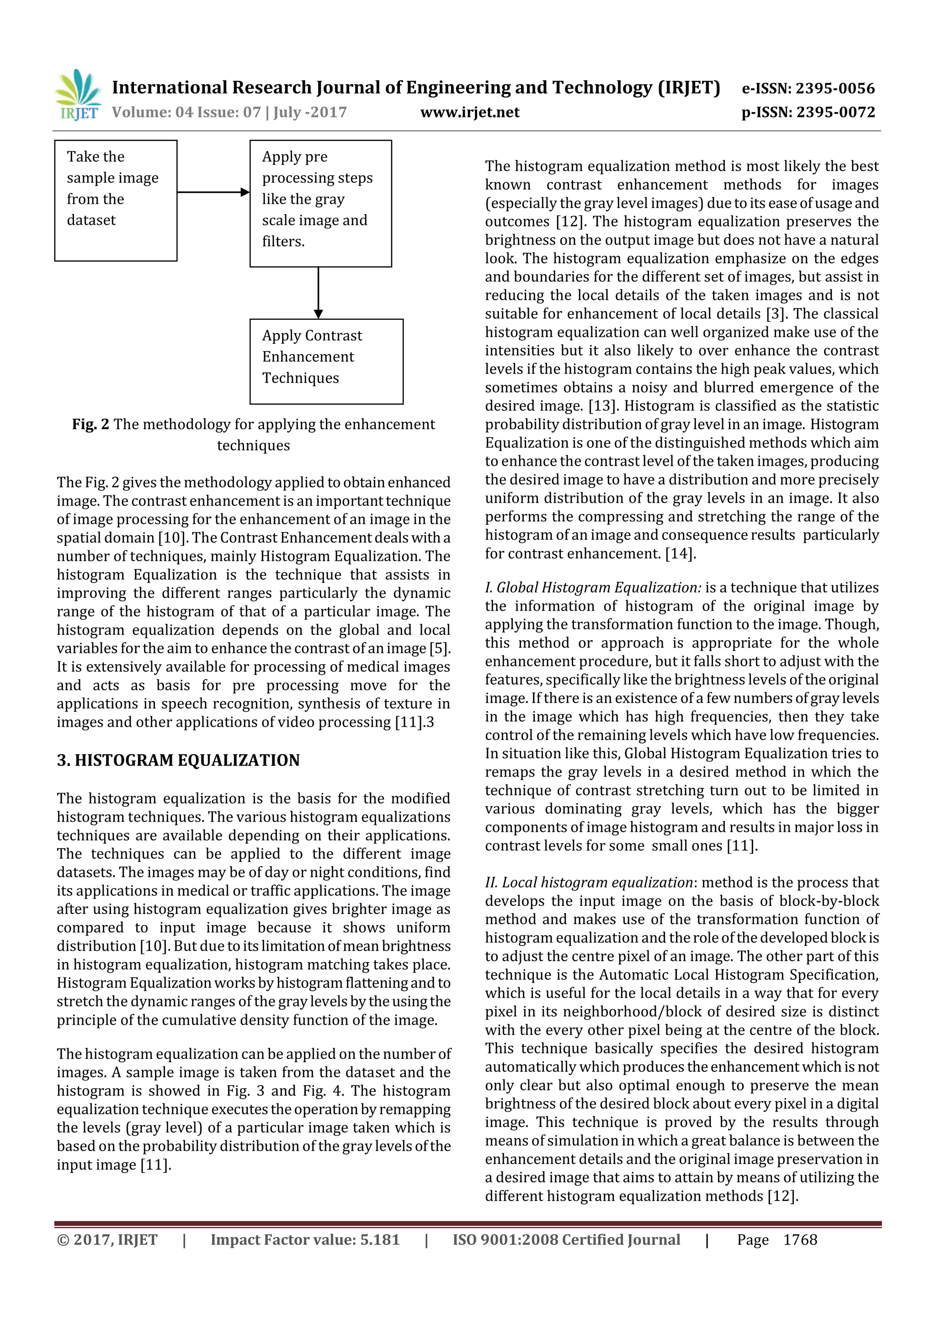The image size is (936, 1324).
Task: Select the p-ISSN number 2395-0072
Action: pos(835,112)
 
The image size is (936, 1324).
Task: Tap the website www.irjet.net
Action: pos(469,112)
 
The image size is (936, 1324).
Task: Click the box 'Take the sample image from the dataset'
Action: pos(115,200)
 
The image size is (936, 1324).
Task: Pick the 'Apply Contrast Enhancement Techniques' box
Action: pos(326,361)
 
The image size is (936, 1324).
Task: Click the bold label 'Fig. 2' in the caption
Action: pos(90,425)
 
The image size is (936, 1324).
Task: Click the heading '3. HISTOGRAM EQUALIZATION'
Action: pos(178,760)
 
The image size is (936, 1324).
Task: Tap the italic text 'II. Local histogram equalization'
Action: pos(588,882)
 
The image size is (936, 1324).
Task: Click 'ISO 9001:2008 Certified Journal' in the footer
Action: pos(566,1240)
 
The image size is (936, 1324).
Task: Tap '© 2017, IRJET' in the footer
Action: pos(107,1240)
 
